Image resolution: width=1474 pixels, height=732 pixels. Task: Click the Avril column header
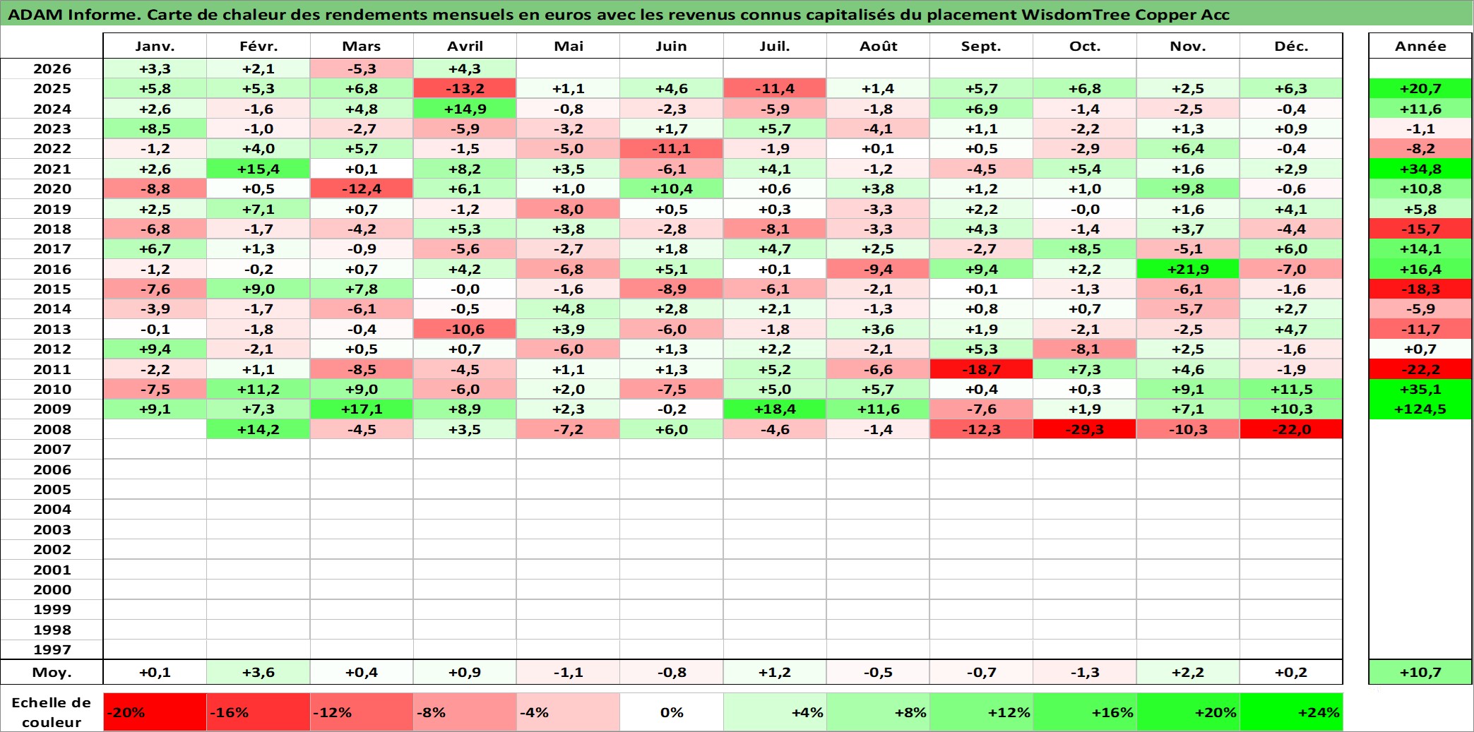pos(465,46)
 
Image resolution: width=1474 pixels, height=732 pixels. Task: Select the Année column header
pos(1420,46)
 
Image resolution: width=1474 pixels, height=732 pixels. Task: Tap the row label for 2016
pos(52,269)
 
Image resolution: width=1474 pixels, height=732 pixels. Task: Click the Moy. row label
pos(52,672)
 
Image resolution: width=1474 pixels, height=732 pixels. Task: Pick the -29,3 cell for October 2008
pos(1085,429)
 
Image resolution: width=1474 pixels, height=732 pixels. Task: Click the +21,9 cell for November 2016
pos(1188,269)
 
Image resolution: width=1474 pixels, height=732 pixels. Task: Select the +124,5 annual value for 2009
pos(1420,409)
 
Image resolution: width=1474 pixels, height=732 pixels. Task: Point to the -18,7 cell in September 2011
pos(982,369)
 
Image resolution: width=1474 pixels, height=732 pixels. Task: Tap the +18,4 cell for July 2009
pos(775,409)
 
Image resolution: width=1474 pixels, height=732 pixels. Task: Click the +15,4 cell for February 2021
pos(258,169)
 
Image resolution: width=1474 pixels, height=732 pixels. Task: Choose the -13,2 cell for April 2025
pos(465,88)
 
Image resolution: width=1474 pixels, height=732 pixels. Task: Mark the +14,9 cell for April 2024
pos(465,109)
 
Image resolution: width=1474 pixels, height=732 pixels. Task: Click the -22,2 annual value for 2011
pos(1420,369)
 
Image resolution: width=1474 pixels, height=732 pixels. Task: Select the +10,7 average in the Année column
pos(1420,672)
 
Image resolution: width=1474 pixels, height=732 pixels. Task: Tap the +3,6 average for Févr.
pos(258,672)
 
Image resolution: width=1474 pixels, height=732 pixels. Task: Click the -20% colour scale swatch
pos(155,712)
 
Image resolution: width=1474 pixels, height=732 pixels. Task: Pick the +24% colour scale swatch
pos(1291,712)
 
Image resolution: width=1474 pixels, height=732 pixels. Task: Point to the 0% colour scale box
pos(672,712)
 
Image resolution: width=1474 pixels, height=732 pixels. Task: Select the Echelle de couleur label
pos(52,712)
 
